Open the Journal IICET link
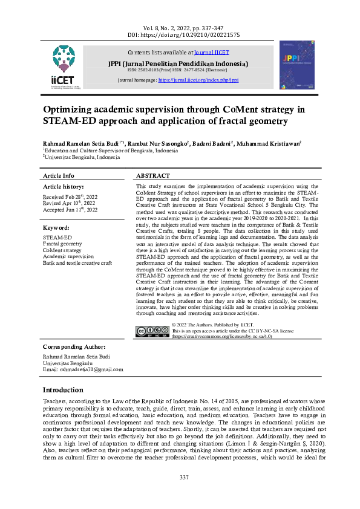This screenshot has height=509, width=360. point(212,53)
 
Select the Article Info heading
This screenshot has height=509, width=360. point(59,175)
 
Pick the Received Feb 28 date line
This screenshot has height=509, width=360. point(69,197)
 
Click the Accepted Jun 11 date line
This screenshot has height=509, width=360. point(69,210)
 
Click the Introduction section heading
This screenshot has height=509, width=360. point(71,389)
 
